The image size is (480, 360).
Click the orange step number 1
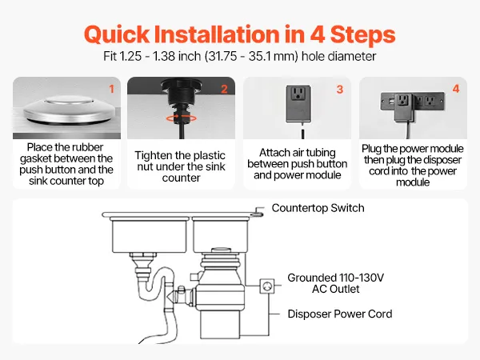click(112, 89)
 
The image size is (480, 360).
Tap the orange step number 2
click(224, 89)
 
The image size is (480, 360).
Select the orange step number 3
click(340, 90)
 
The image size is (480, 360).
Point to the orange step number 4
click(456, 89)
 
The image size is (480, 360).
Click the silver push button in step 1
click(66, 110)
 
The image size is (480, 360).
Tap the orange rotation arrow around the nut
click(182, 118)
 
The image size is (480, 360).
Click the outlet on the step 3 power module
click(298, 93)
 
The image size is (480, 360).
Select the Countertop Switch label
click(318, 208)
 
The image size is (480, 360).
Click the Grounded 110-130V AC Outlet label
click(336, 283)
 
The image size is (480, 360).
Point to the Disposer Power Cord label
click(340, 314)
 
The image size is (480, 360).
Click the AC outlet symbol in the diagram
click(267, 286)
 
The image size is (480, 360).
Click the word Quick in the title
click(117, 34)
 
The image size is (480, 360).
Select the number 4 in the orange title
click(318, 34)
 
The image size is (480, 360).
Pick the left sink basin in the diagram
click(150, 235)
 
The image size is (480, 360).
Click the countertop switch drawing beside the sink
click(258, 212)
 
